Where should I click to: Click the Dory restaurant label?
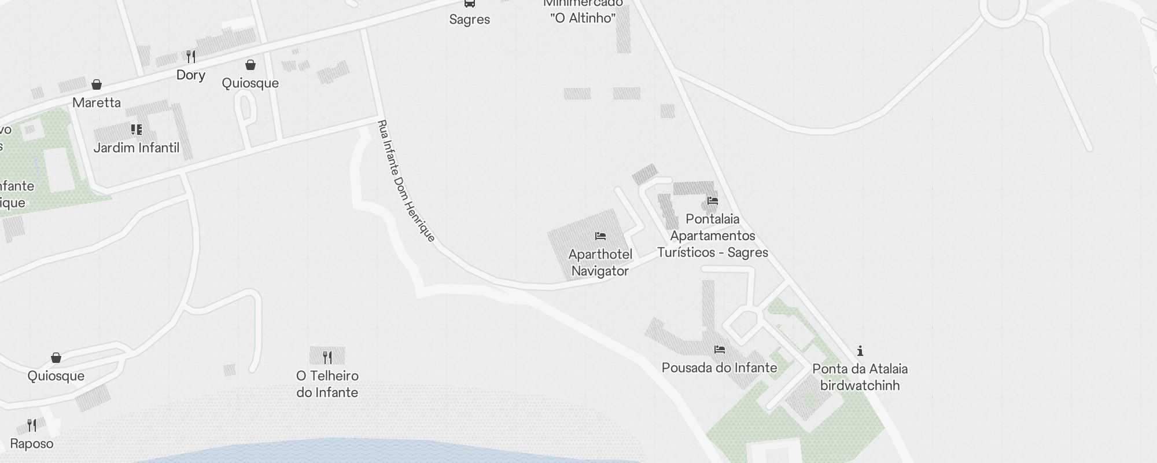[x=191, y=75]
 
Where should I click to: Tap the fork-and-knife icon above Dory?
[x=191, y=57]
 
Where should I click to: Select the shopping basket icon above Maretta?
[x=97, y=85]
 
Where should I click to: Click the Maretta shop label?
[x=97, y=103]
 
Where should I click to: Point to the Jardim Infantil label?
[x=137, y=148]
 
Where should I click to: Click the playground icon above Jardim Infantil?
[x=137, y=130]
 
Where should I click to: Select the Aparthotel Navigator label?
[x=600, y=263]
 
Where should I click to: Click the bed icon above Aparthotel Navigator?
[x=600, y=236]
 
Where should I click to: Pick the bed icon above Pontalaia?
[x=713, y=201]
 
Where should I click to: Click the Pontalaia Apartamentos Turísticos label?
[x=713, y=236]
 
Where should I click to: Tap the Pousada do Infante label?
[x=719, y=368]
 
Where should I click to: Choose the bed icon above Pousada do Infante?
[x=720, y=350]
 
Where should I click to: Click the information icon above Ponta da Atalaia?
[x=860, y=351]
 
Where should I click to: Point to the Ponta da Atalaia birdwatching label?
[x=860, y=377]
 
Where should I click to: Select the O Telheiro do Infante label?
[x=327, y=384]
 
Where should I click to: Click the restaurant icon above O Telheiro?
[x=327, y=357]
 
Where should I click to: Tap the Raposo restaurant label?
[x=32, y=444]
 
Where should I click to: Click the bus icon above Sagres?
[x=470, y=3]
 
